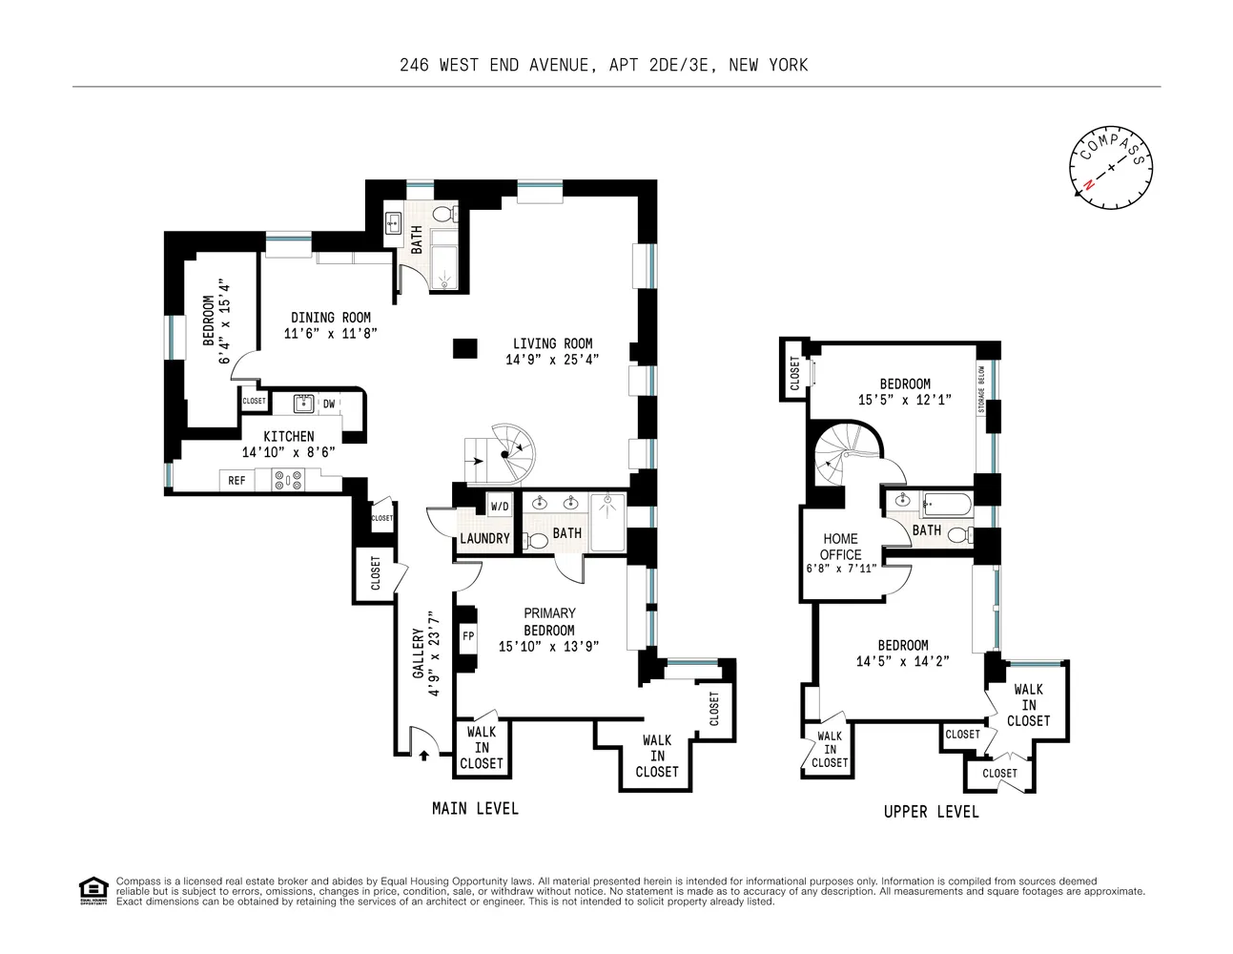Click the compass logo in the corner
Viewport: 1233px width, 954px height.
1111,167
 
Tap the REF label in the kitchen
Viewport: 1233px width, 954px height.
236,481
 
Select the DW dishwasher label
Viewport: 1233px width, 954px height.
329,404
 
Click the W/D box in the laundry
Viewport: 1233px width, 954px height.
500,507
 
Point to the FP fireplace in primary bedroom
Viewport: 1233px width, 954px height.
468,636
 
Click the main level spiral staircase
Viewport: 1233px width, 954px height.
505,455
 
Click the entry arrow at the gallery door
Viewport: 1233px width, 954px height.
422,755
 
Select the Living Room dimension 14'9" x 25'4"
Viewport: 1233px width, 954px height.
552,360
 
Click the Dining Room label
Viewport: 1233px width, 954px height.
331,318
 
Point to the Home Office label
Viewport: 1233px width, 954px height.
840,547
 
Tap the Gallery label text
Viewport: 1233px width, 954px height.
419,653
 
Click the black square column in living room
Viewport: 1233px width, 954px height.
464,348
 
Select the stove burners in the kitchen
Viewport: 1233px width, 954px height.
288,480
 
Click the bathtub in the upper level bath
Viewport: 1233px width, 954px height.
947,504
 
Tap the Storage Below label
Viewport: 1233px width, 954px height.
981,389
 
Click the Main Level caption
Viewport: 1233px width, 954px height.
475,808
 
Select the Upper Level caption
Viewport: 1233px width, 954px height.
931,811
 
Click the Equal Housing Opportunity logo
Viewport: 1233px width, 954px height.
93,890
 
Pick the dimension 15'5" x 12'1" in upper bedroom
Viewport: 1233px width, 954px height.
904,400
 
